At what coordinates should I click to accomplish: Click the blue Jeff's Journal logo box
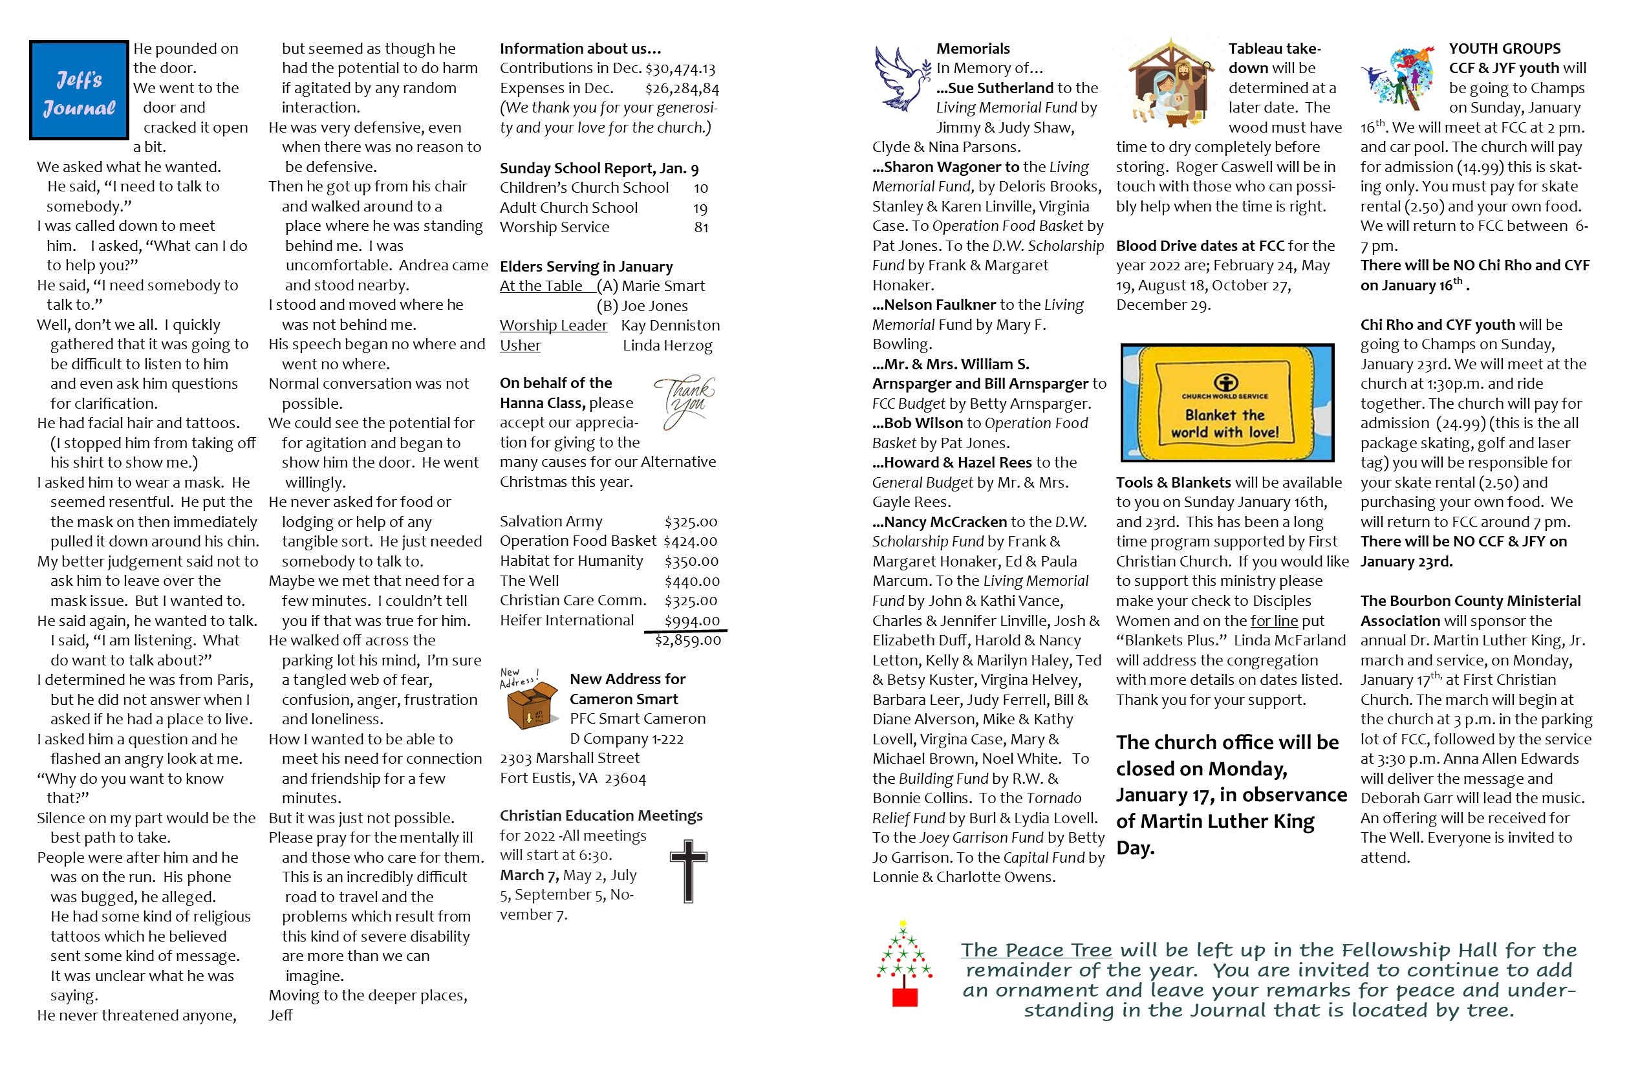click(79, 90)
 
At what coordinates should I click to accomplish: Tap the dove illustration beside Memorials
click(901, 78)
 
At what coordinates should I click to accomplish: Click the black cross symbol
click(688, 871)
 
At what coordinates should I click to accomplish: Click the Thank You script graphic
click(685, 400)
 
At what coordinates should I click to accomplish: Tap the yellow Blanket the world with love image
click(1226, 402)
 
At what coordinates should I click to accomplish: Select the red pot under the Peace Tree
click(905, 997)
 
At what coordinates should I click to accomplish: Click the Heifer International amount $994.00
click(691, 621)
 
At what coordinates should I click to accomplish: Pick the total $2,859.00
click(688, 640)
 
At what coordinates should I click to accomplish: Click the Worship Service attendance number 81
click(701, 227)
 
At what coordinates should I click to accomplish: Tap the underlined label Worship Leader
click(553, 326)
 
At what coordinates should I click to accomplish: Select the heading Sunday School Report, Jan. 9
click(599, 168)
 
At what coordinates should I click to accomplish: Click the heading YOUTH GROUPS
click(1504, 48)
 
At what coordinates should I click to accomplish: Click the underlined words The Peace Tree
click(1036, 950)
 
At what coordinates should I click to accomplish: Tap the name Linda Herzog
click(667, 345)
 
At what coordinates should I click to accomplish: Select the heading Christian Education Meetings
click(601, 815)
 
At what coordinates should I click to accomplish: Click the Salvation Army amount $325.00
click(691, 522)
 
